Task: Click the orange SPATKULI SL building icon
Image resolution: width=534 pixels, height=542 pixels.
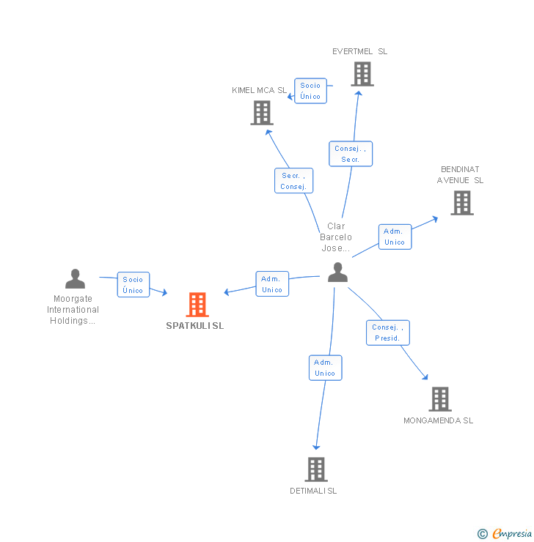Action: coord(197,305)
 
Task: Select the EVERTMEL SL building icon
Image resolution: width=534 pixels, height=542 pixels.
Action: coord(362,74)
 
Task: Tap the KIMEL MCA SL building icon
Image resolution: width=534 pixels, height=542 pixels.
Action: coord(262,113)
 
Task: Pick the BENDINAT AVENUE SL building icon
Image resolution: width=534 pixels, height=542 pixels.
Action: coord(461,203)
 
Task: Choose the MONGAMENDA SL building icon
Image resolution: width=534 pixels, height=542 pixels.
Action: coord(439,399)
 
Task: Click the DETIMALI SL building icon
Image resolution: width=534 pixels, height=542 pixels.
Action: coord(315,469)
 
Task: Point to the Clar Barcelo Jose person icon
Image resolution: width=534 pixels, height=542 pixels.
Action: coord(337,272)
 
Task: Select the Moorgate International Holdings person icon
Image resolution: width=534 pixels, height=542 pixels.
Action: coord(75,279)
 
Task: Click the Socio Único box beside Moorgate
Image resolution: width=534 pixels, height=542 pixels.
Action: coord(133,285)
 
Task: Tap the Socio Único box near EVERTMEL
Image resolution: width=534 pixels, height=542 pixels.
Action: coord(310,91)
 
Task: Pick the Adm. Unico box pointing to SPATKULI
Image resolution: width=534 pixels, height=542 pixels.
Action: coord(272,284)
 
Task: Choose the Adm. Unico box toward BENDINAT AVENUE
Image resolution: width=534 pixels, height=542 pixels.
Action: coord(395,237)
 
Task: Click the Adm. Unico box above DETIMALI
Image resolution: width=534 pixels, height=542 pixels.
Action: coord(325,368)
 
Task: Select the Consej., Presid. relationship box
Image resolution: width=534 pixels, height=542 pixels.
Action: coord(387,333)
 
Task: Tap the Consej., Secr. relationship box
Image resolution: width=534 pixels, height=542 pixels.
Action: coord(351,154)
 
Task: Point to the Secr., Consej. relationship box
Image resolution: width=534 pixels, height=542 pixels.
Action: coord(293,181)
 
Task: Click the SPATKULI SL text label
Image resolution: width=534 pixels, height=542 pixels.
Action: coord(195,326)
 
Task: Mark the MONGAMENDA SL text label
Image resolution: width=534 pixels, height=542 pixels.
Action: coord(439,420)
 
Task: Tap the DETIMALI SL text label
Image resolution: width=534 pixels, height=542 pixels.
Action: coord(313,491)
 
